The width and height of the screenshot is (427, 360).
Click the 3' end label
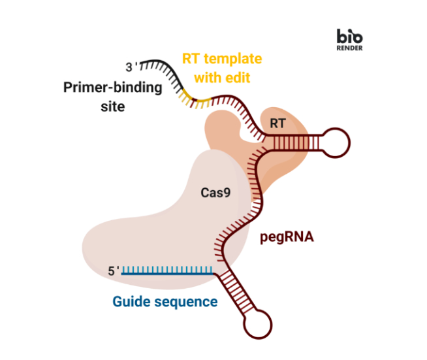(x=132, y=67)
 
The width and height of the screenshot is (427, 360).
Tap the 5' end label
(x=114, y=270)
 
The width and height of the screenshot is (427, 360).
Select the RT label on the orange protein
(x=277, y=122)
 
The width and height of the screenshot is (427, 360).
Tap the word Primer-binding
(x=112, y=88)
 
